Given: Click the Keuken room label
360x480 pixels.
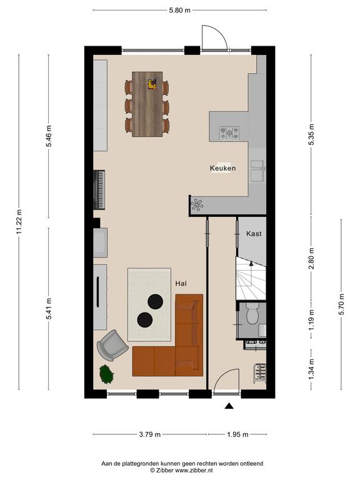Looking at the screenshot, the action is coord(222,168).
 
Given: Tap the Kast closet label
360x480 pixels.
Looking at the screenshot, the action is coord(254,234).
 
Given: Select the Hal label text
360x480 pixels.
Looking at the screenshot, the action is coord(181,284).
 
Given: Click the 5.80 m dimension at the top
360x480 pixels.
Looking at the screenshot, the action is coord(180,10).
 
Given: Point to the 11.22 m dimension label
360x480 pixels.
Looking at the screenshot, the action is coord(19,222).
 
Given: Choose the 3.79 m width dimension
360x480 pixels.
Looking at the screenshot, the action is coord(150,434).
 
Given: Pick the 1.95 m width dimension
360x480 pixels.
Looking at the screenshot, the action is coord(237,434).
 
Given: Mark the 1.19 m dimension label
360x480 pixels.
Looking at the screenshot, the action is coord(311,320).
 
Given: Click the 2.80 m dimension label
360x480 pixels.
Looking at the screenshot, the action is coord(311,258).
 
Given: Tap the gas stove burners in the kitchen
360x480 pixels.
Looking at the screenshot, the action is coord(229,134).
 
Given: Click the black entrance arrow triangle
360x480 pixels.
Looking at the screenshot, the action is coord(229,406).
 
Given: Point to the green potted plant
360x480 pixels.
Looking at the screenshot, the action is coord(106,374).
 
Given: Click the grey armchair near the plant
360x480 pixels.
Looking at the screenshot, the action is coord(112,345).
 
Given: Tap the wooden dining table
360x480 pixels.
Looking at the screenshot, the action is coord(147,104).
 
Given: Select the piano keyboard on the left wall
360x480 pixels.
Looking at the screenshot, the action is coord(99,190).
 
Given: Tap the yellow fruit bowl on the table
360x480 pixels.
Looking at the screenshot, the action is coord(152,84).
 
